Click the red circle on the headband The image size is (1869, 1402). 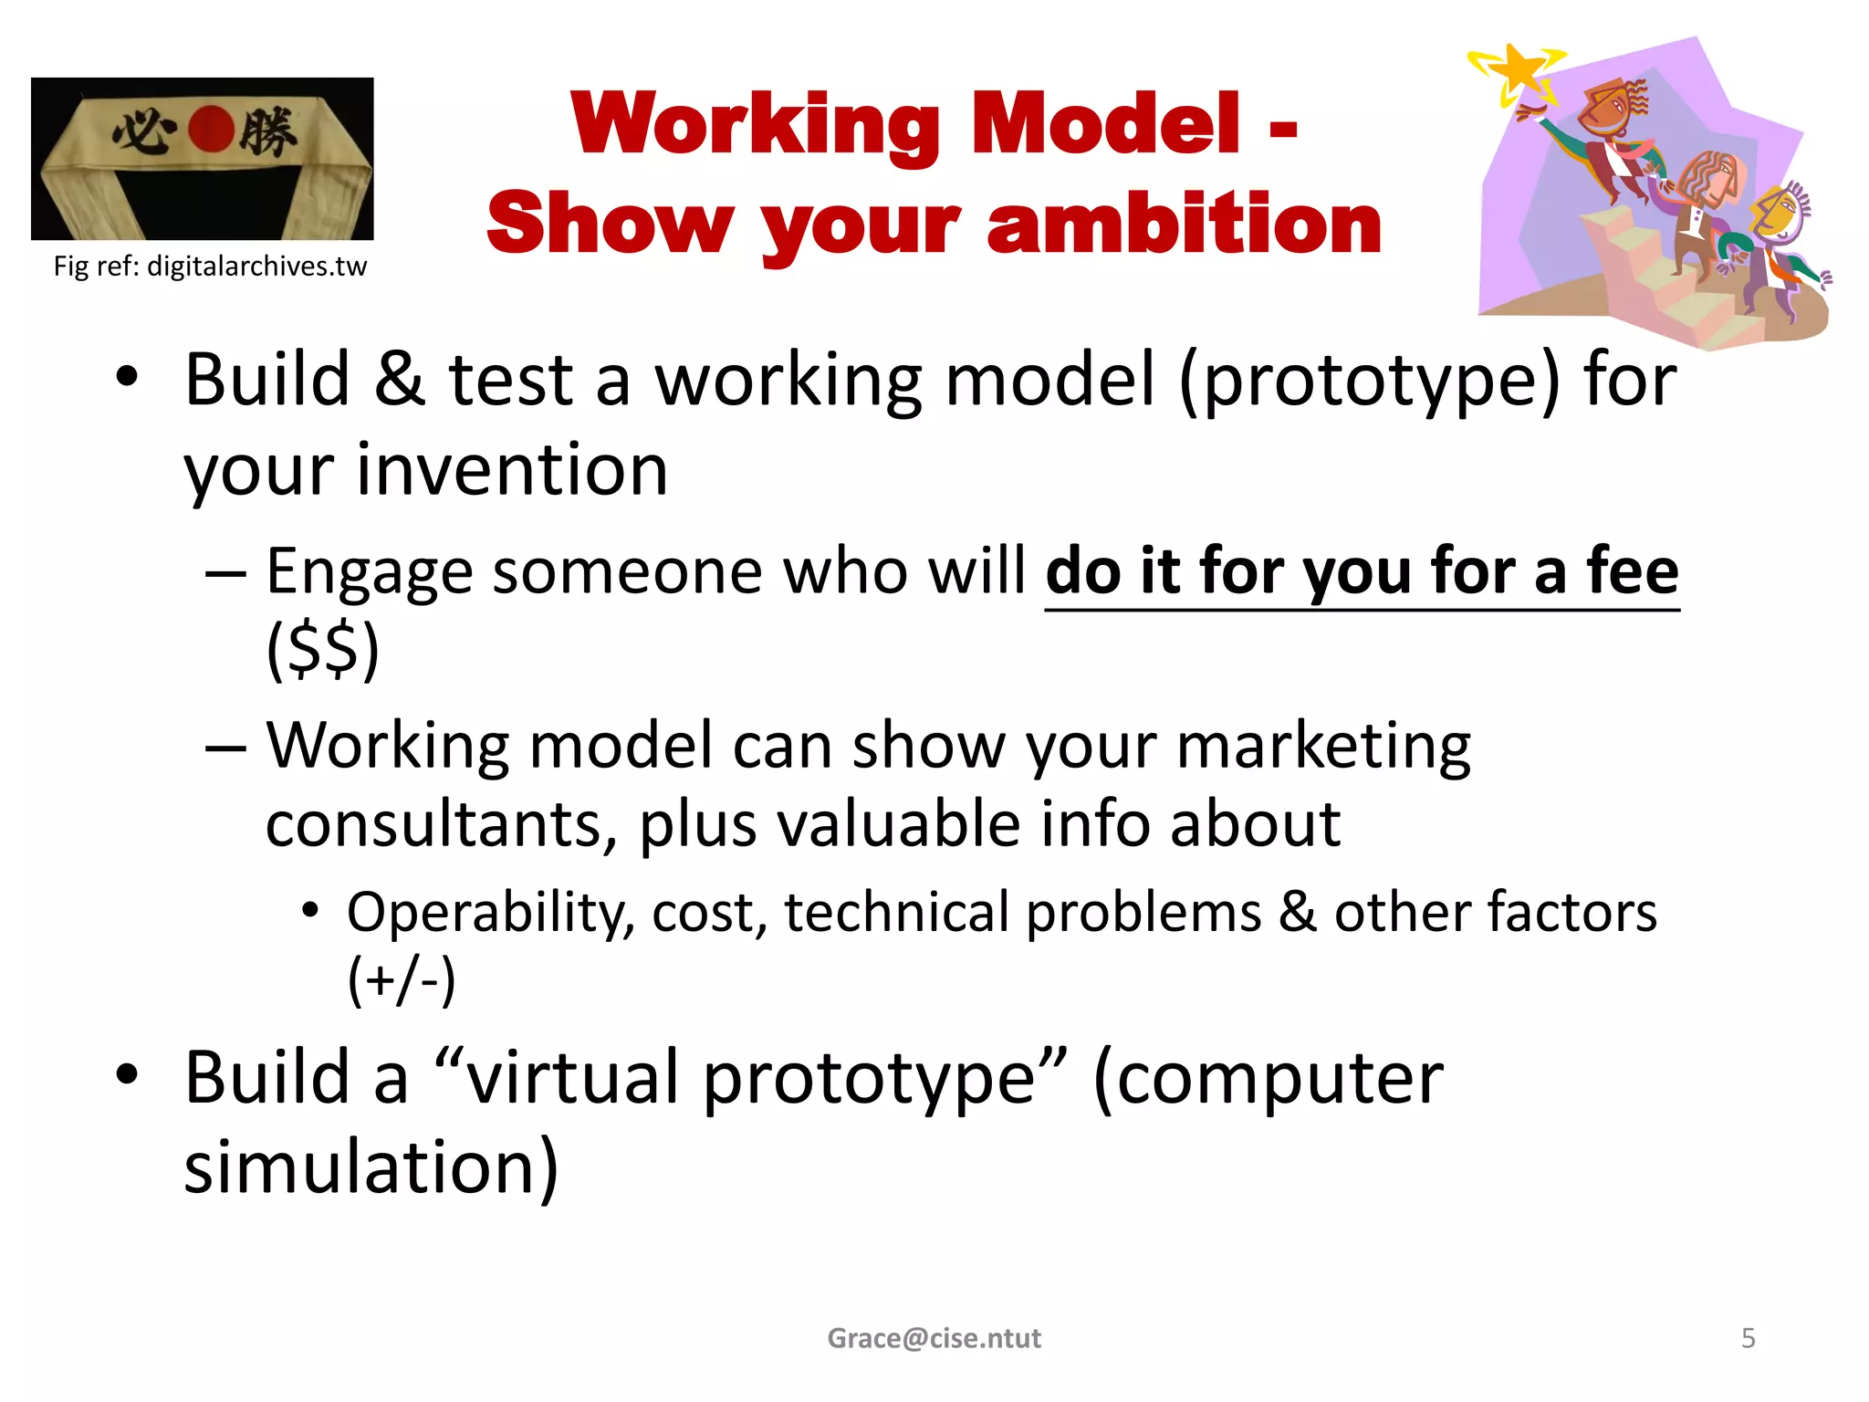(x=211, y=129)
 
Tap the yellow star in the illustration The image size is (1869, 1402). (x=1518, y=68)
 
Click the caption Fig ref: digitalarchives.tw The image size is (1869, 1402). (x=210, y=266)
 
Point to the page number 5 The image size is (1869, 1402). (x=1748, y=1338)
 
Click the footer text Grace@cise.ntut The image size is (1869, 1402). (x=934, y=1338)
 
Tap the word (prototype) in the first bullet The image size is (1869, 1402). (x=1370, y=381)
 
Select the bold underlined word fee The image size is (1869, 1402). (x=1633, y=571)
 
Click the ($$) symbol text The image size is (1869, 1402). (x=322, y=649)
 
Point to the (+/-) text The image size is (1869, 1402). (x=401, y=980)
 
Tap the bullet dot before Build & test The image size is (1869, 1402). (x=127, y=378)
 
